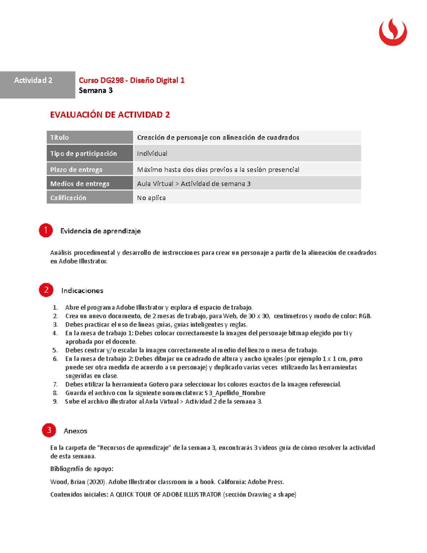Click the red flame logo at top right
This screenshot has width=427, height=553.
[393, 32]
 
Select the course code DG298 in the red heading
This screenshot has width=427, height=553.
[112, 80]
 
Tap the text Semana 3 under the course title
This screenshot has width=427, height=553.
[96, 90]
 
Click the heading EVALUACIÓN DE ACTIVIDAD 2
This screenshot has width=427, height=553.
[110, 115]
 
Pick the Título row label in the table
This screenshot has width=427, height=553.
[59, 137]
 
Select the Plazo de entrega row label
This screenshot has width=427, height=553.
[76, 169]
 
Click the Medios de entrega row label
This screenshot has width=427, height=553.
[80, 184]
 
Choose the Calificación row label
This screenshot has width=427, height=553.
[68, 198]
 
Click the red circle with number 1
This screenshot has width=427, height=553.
[46, 230]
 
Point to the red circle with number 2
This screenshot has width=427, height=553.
[46, 290]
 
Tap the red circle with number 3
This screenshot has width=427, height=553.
[49, 430]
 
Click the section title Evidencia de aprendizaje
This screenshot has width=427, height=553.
[100, 231]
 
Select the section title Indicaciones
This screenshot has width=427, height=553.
[82, 291]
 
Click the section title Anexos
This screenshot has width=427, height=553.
[75, 431]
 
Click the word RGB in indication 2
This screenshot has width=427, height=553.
[364, 316]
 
